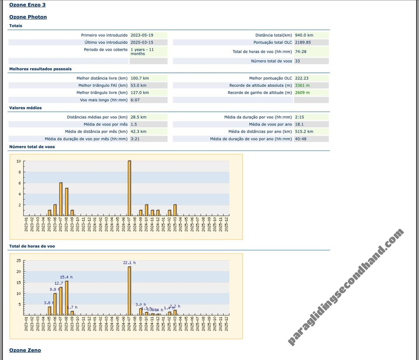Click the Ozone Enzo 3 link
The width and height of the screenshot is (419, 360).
27,5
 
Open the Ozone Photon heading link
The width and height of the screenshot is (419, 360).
28,17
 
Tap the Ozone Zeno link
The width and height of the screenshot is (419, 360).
25,350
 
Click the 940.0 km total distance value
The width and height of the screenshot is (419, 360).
304,35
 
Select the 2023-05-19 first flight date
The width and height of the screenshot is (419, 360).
142,35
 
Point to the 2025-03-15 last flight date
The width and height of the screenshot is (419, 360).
142,42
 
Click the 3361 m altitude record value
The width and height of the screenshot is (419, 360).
302,86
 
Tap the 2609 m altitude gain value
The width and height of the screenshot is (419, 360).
302,93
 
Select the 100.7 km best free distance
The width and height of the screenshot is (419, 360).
140,79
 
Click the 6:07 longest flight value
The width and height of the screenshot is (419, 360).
135,100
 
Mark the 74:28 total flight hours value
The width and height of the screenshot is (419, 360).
300,51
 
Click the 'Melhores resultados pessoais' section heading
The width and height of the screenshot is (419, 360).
41,69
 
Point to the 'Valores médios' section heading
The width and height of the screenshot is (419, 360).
25,108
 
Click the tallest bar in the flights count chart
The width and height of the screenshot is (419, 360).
129,188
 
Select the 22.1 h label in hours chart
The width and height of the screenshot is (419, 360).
129,263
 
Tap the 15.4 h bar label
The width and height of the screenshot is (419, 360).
66,277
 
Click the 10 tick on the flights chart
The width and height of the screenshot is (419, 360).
19,161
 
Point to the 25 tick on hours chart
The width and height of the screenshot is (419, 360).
18,261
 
